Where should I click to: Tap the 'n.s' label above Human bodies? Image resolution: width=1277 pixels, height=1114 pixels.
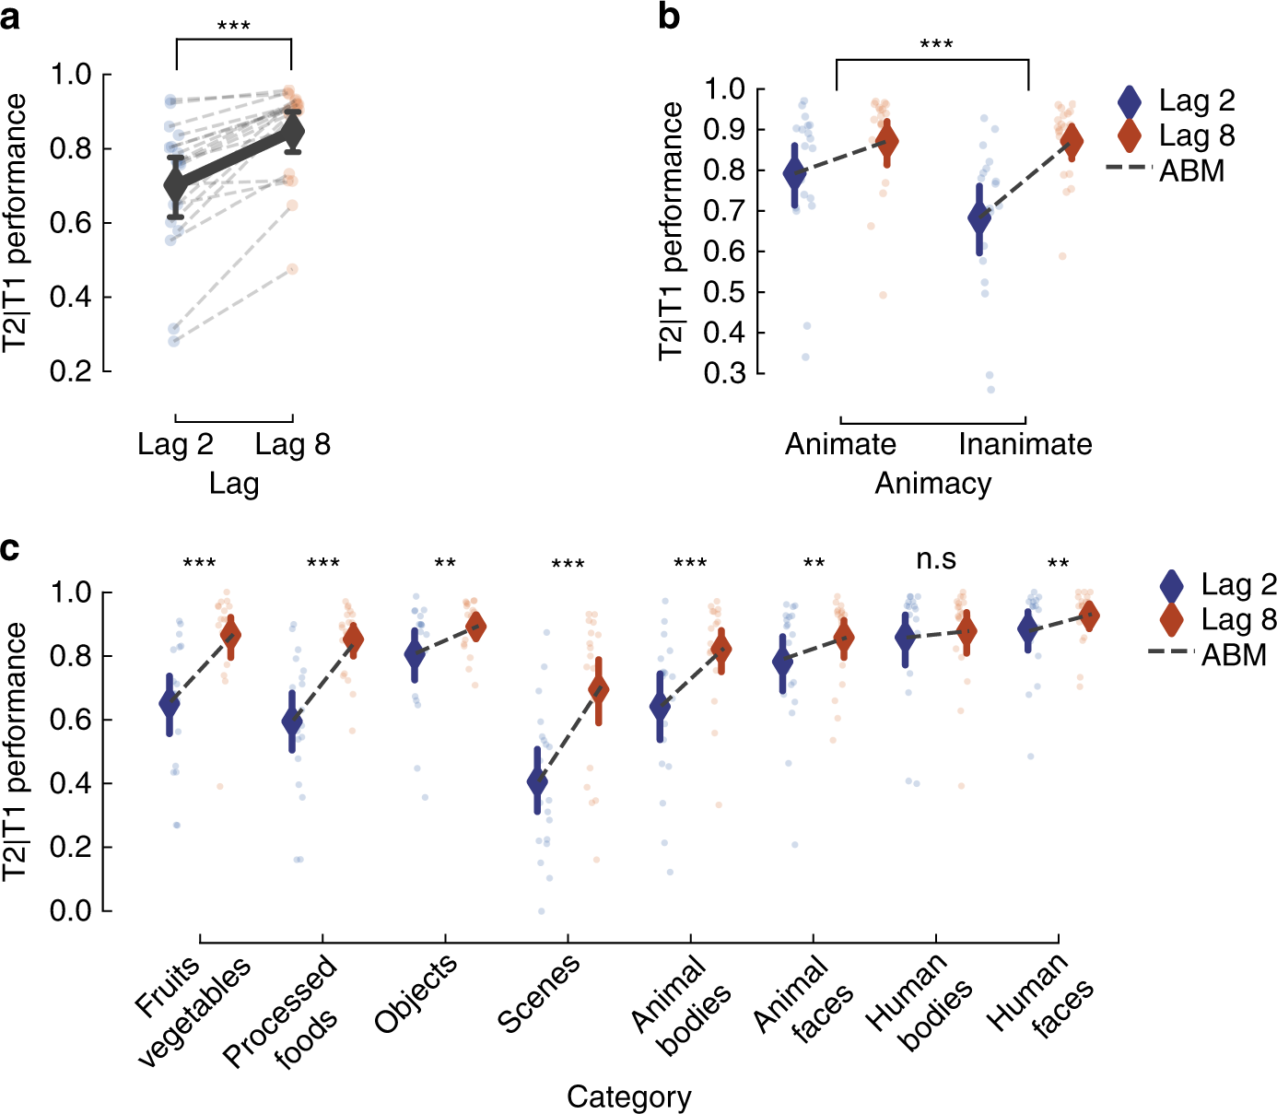(936, 559)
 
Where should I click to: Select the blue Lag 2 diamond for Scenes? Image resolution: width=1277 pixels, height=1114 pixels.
(537, 782)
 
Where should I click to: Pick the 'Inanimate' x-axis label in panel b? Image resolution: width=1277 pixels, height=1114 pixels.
(1025, 444)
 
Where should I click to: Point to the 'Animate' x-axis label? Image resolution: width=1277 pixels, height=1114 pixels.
(840, 444)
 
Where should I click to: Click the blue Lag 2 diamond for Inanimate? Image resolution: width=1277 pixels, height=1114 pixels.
(980, 218)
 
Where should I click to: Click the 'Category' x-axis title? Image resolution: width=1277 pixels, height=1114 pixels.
(628, 1096)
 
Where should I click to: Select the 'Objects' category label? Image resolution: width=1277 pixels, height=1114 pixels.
(416, 994)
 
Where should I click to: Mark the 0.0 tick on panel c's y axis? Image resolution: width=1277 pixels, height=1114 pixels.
(72, 910)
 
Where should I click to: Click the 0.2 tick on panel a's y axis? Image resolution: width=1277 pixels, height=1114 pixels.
(72, 371)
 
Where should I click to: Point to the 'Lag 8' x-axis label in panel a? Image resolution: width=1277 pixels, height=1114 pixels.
(292, 444)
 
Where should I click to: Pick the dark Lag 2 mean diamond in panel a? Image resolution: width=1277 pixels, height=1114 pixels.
(176, 186)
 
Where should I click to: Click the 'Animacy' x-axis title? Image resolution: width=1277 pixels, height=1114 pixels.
(932, 483)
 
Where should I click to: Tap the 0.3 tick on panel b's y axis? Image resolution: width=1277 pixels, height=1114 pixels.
(724, 373)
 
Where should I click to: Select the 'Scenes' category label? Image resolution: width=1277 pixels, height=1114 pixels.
(539, 993)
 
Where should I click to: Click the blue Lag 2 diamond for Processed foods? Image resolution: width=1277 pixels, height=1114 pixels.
(292, 721)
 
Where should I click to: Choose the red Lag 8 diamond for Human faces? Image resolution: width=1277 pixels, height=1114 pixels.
(1089, 616)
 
